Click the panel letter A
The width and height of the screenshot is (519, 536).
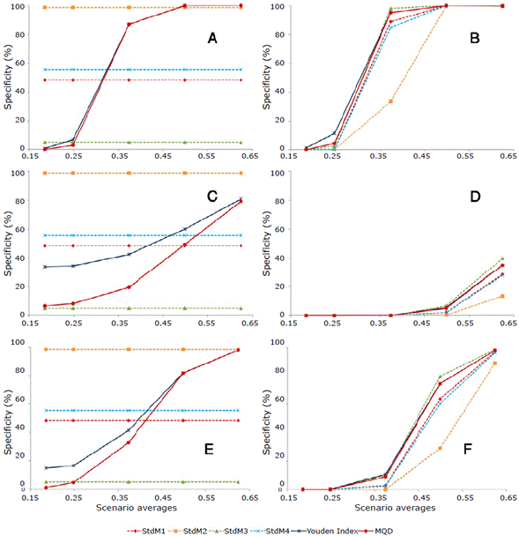tap(211, 39)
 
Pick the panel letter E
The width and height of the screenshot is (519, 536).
tap(211, 449)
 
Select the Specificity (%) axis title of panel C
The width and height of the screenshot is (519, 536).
tap(7, 244)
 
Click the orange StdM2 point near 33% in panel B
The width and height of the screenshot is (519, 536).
tap(390, 101)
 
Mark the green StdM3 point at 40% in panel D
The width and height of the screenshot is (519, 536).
tap(501, 258)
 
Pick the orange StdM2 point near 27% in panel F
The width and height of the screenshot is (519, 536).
tap(440, 449)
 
